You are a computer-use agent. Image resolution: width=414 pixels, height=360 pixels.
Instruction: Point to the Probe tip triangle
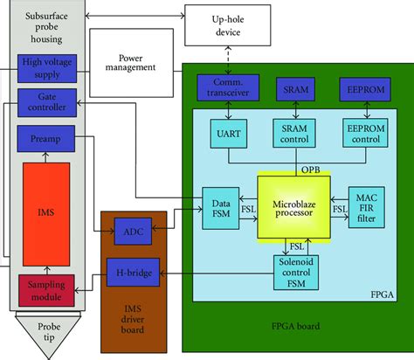[x=50, y=332]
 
